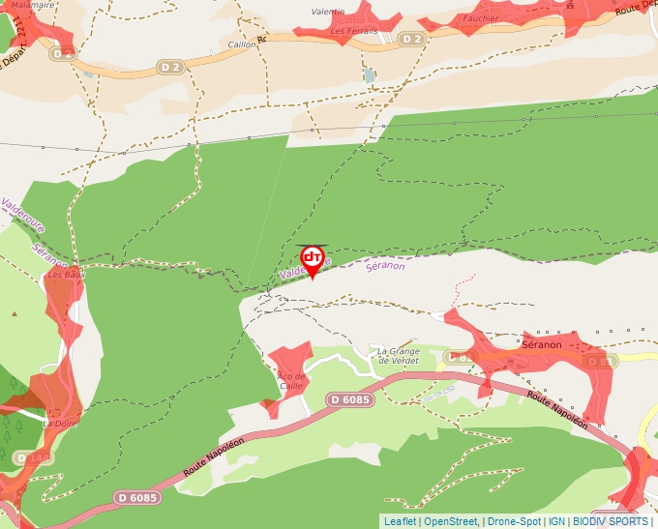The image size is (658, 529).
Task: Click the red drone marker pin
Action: coord(313,259)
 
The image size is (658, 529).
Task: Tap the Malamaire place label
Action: coord(33,5)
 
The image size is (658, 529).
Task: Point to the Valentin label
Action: coord(328,12)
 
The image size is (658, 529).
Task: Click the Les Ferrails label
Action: coord(354,31)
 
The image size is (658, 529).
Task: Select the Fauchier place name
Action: coord(481,18)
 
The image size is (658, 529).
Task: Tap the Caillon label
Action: coord(242,44)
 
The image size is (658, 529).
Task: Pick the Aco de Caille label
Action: coord(291,381)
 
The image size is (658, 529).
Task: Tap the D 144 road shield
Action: coord(39,457)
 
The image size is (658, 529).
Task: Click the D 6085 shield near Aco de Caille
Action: coord(349,399)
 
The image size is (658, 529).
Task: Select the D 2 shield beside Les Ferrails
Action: coord(412,39)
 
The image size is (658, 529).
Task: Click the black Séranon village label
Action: coord(542,344)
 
